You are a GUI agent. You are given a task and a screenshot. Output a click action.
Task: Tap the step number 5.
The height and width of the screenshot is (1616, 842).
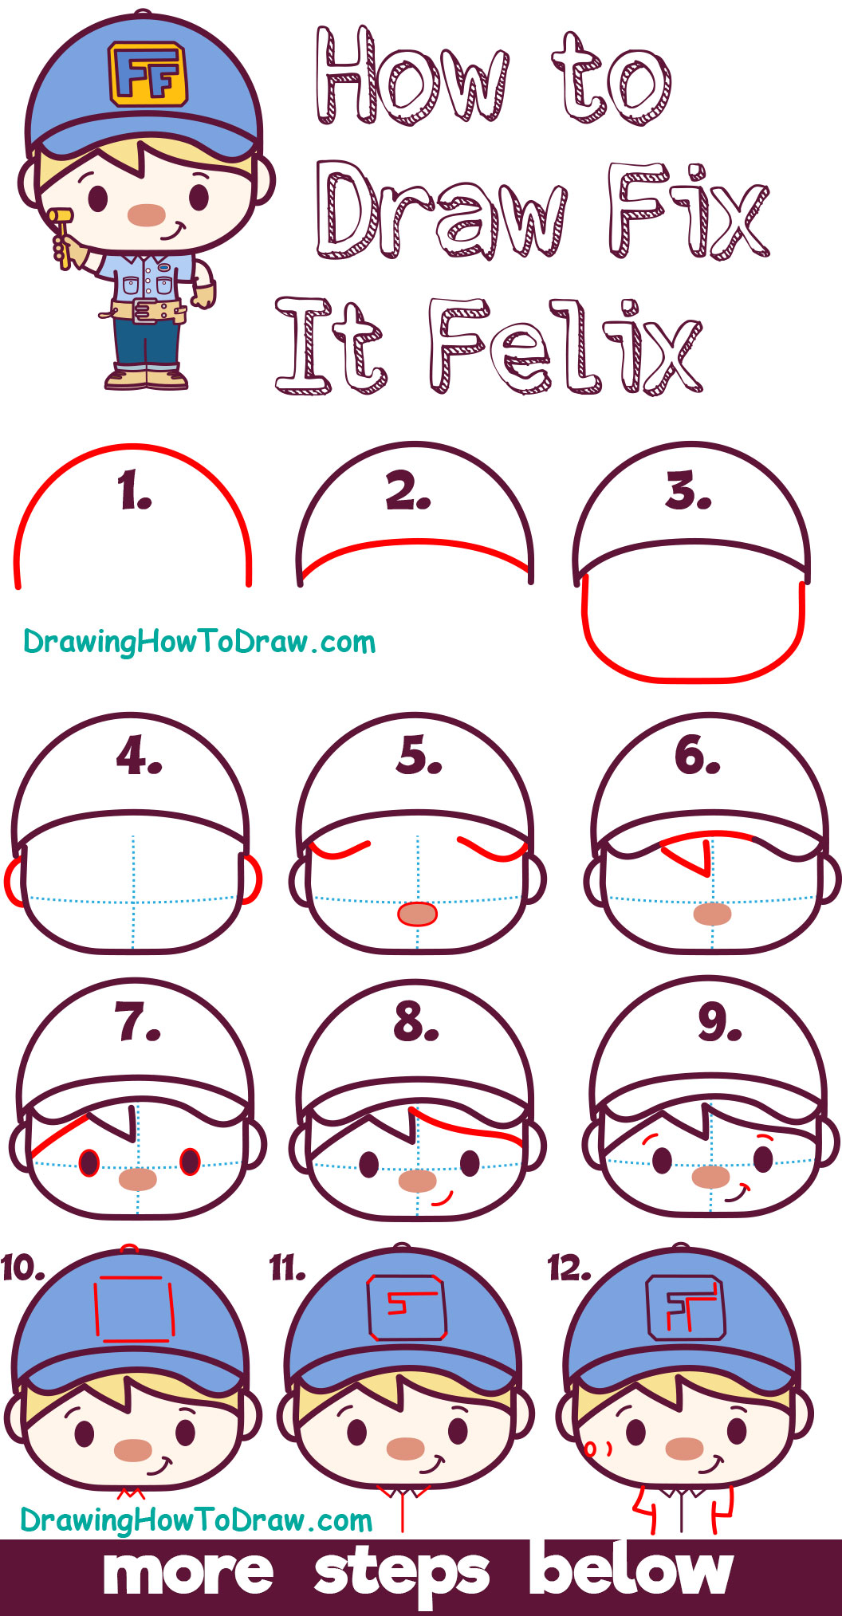point(419,756)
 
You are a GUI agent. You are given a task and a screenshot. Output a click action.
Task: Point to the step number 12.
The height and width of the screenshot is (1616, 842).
point(569,1268)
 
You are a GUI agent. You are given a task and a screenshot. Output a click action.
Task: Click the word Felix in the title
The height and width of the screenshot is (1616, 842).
point(565,346)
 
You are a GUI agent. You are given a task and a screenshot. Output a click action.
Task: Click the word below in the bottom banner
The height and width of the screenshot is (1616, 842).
point(631,1569)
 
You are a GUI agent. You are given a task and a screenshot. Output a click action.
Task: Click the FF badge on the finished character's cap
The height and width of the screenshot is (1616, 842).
point(148,73)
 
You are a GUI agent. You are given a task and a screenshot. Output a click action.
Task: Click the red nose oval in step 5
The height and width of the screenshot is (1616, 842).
point(417,914)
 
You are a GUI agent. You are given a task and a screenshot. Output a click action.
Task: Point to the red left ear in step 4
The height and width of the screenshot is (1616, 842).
point(14,882)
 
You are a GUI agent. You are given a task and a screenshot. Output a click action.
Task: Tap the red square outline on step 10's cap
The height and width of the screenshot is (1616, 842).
point(134,1308)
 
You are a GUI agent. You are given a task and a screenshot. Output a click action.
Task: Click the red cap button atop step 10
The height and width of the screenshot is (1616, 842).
point(129,1248)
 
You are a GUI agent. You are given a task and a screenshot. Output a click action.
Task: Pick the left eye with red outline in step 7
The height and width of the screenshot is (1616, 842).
point(89,1163)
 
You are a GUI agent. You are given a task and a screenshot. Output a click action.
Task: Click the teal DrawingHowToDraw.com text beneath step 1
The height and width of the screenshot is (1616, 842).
point(199,643)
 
